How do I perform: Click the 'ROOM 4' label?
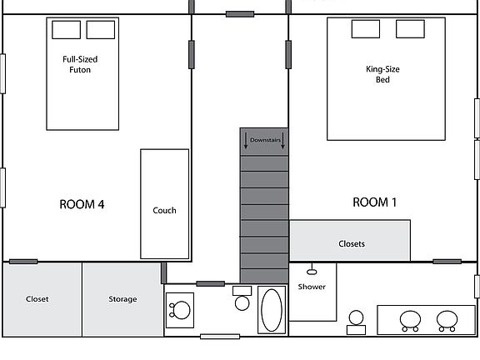pyautogui.click(x=82, y=204)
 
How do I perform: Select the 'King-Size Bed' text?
pyautogui.click(x=382, y=74)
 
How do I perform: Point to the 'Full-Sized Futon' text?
pyautogui.click(x=77, y=64)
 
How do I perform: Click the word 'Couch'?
pyautogui.click(x=164, y=210)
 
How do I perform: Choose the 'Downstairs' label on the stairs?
pyautogui.click(x=264, y=141)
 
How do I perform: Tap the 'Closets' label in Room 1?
pyautogui.click(x=351, y=243)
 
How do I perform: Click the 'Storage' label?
pyautogui.click(x=122, y=299)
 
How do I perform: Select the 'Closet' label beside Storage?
pyautogui.click(x=37, y=299)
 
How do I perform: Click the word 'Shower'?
pyautogui.click(x=312, y=287)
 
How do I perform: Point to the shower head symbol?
pyautogui.click(x=312, y=270)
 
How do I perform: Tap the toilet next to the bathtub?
pyautogui.click(x=242, y=298)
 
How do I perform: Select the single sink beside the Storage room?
pyautogui.click(x=179, y=310)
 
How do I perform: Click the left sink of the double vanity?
pyautogui.click(x=410, y=319)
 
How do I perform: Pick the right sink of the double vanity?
pyautogui.click(x=447, y=319)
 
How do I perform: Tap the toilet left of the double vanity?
pyautogui.click(x=356, y=321)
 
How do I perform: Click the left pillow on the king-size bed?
pyautogui.click(x=365, y=29)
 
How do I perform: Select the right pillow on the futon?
pyautogui.click(x=100, y=30)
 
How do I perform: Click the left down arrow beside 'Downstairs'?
pyautogui.click(x=246, y=143)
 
